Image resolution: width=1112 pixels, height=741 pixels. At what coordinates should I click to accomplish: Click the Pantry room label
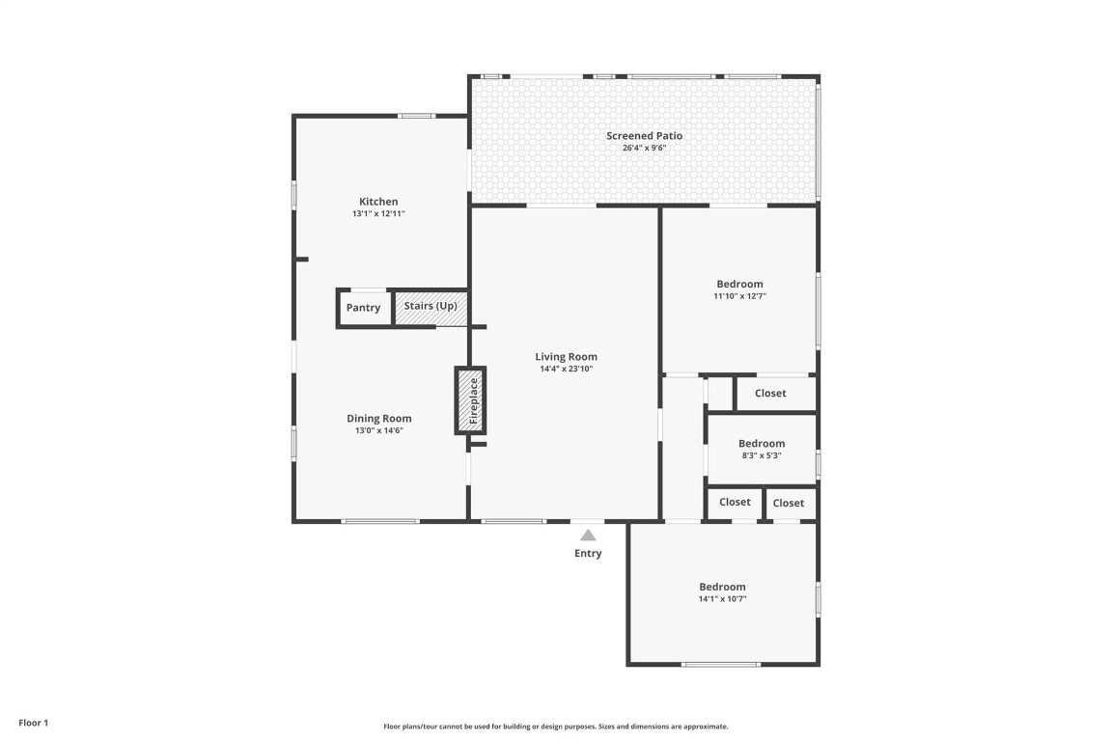click(363, 308)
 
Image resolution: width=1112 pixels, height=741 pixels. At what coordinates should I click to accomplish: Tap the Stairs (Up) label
click(431, 306)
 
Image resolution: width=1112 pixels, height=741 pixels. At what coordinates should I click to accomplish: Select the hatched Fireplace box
click(471, 400)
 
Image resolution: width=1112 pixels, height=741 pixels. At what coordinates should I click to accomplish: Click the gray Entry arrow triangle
click(588, 535)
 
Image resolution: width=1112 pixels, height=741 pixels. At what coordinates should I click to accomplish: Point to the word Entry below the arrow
click(588, 554)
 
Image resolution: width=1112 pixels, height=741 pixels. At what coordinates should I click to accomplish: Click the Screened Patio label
click(644, 136)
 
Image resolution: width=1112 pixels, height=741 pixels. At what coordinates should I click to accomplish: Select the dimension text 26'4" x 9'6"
click(644, 149)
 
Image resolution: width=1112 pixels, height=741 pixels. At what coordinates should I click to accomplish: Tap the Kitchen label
click(378, 202)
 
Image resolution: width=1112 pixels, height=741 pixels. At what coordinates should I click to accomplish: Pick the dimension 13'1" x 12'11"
click(378, 214)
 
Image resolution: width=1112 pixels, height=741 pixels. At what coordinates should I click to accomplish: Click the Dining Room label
click(379, 419)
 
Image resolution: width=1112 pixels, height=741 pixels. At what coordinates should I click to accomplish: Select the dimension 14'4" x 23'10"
click(567, 370)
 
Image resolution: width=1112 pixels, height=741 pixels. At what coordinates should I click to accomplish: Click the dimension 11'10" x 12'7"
click(739, 297)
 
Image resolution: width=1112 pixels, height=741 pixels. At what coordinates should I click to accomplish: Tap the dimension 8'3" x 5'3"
click(762, 456)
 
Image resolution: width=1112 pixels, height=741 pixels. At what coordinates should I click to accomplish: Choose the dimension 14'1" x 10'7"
click(722, 599)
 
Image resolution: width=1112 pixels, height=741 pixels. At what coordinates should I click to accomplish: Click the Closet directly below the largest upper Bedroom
click(770, 394)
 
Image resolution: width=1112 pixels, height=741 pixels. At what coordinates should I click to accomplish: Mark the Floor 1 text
click(33, 723)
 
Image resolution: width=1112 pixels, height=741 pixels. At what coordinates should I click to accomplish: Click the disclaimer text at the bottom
click(556, 727)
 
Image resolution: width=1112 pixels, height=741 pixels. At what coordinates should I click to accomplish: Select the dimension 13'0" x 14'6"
click(379, 431)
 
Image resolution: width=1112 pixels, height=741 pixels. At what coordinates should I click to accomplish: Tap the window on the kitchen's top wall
click(417, 116)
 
